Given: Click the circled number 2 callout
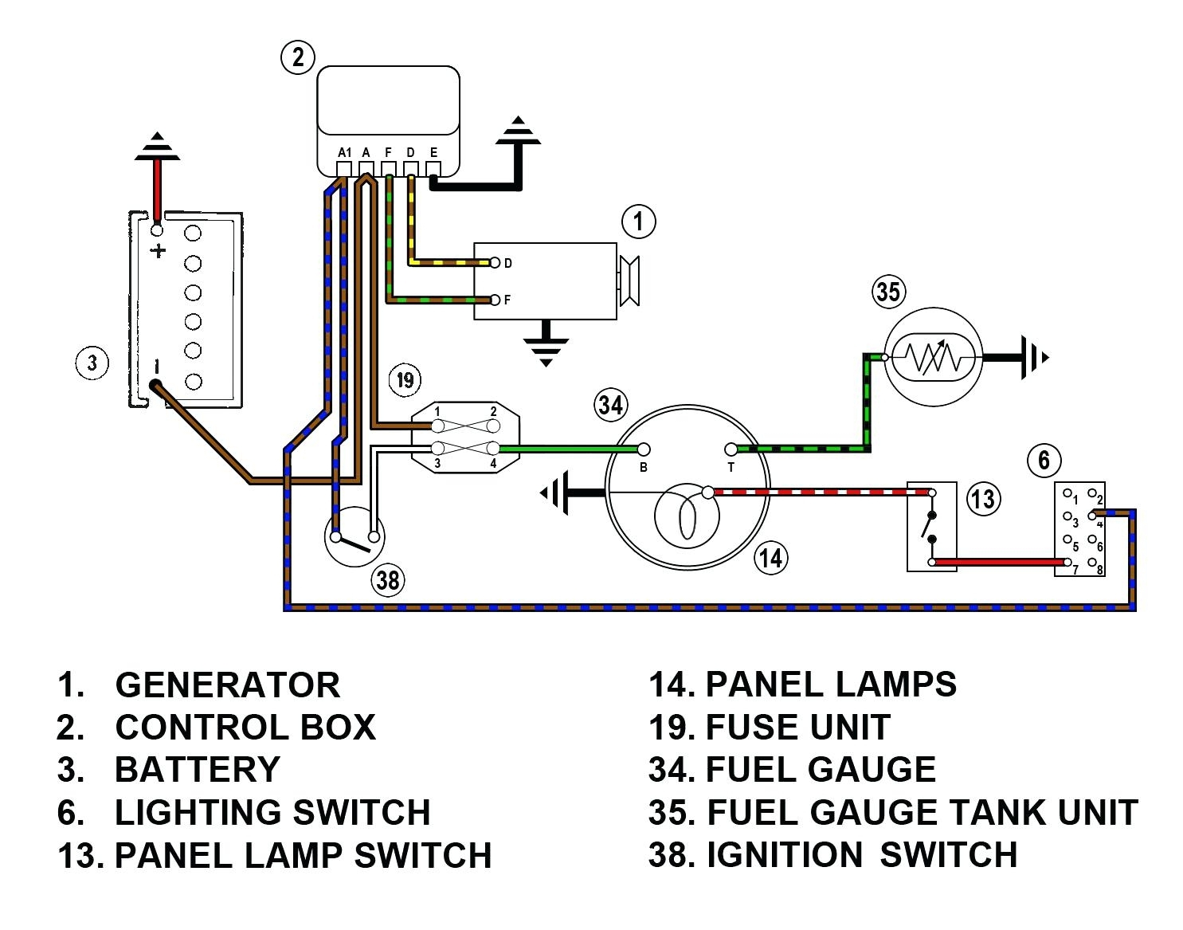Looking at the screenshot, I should coord(298,57).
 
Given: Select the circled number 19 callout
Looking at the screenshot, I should coord(405,379).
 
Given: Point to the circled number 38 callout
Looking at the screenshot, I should coord(388,579).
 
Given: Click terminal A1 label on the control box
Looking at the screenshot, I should coord(344,151).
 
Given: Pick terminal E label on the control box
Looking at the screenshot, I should coord(433,151).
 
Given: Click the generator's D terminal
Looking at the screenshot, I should coord(496,263).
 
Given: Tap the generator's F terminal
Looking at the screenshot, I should coord(496,300).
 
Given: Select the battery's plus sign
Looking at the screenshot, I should coord(159,251).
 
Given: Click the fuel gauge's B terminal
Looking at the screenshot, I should coord(644,450).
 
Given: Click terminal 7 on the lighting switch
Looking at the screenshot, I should coord(1065,569).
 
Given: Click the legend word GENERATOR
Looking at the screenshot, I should coord(227,685).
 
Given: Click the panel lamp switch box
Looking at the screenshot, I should coord(931,526).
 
